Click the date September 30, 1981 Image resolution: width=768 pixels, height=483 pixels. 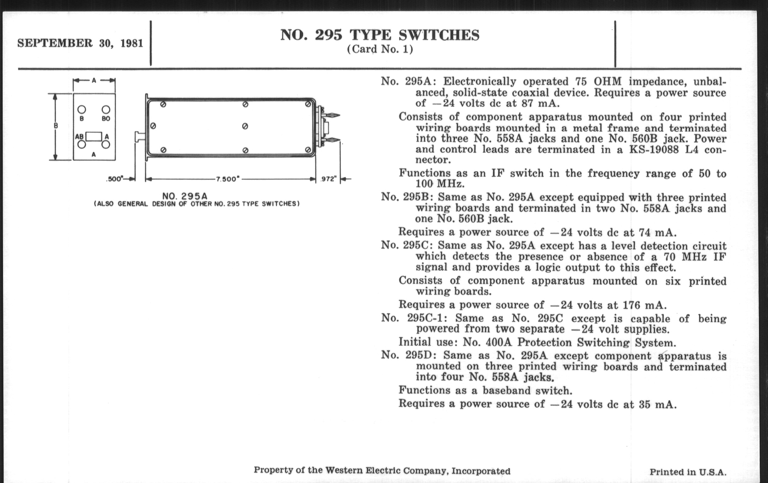point(80,43)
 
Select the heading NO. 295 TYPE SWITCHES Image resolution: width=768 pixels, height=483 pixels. point(380,35)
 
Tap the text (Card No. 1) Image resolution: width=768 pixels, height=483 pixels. point(380,49)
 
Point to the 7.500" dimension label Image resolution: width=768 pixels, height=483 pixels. point(227,179)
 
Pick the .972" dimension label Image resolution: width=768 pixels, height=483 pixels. point(328,179)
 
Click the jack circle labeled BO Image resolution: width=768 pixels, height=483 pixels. point(106,110)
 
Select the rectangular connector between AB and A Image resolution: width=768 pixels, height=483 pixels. point(94,137)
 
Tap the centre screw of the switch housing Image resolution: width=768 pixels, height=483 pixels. point(245,126)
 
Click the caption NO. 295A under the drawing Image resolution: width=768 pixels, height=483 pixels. point(185,196)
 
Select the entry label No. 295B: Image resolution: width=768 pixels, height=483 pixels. point(407,197)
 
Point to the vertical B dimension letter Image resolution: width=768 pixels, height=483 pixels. point(56,126)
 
